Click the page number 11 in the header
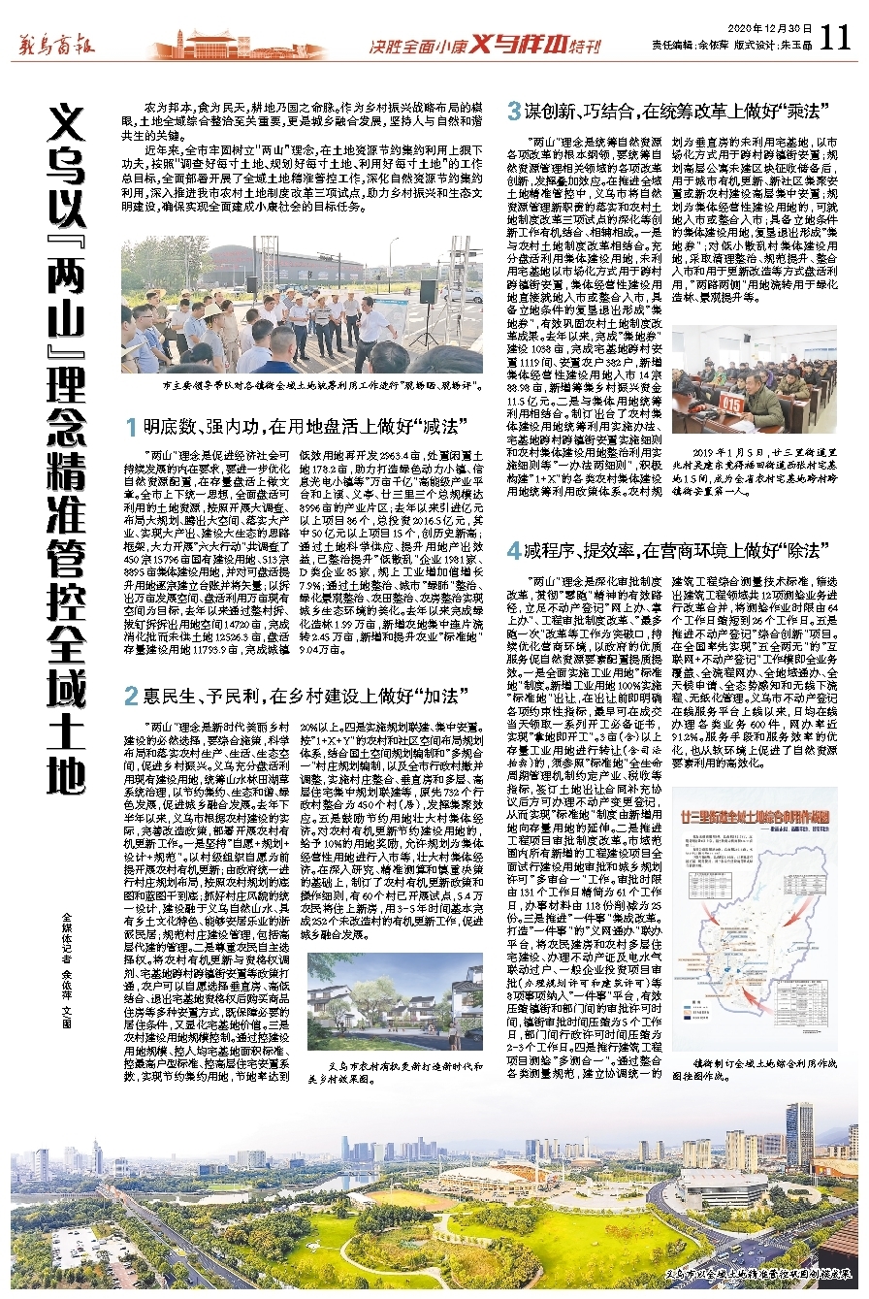834,37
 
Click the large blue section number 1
129,427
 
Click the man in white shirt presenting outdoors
371,330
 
